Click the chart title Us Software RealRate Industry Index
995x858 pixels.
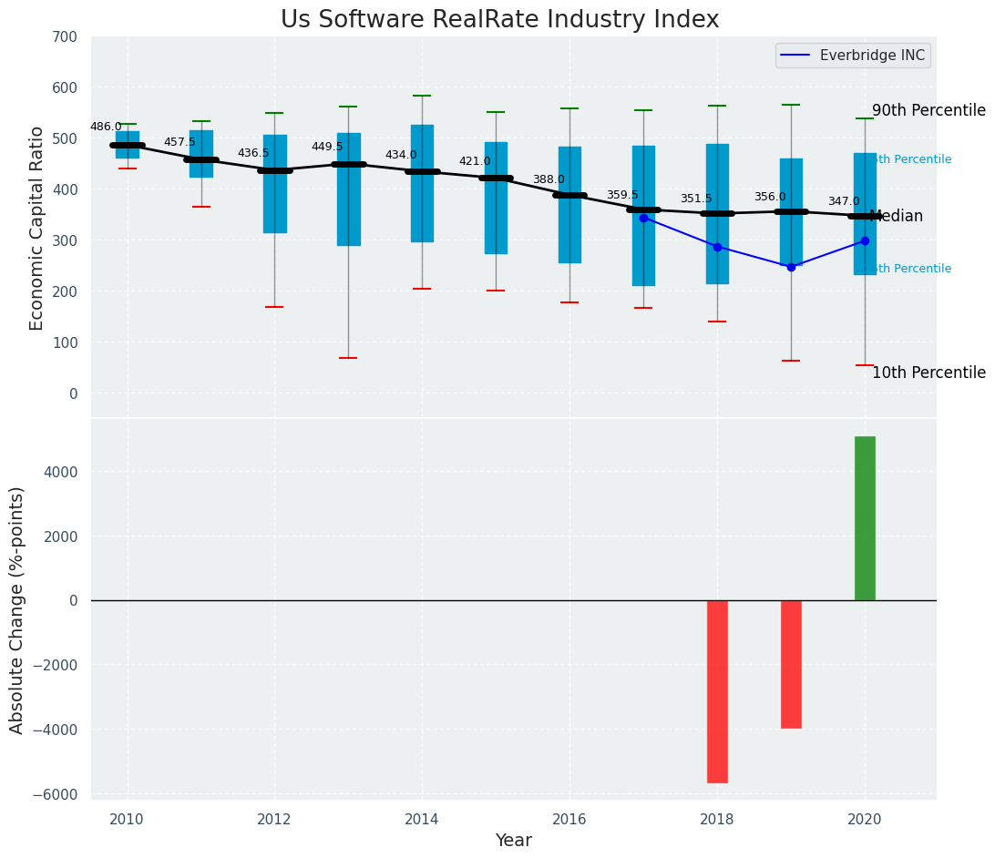tap(499, 20)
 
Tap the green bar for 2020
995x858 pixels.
tap(865, 518)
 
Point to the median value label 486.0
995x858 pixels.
tap(106, 127)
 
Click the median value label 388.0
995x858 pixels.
tap(549, 179)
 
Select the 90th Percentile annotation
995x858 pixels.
tap(928, 111)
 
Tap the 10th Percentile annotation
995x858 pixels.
tap(928, 373)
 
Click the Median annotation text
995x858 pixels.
tap(897, 217)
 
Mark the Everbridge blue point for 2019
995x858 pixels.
tap(791, 267)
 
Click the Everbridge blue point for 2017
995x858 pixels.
tap(643, 218)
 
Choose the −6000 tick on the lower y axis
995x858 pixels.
tap(56, 794)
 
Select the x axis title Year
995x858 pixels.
tap(513, 841)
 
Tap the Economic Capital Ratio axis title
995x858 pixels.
tap(37, 229)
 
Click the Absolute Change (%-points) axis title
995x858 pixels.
tap(17, 609)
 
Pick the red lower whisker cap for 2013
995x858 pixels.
tap(348, 358)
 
